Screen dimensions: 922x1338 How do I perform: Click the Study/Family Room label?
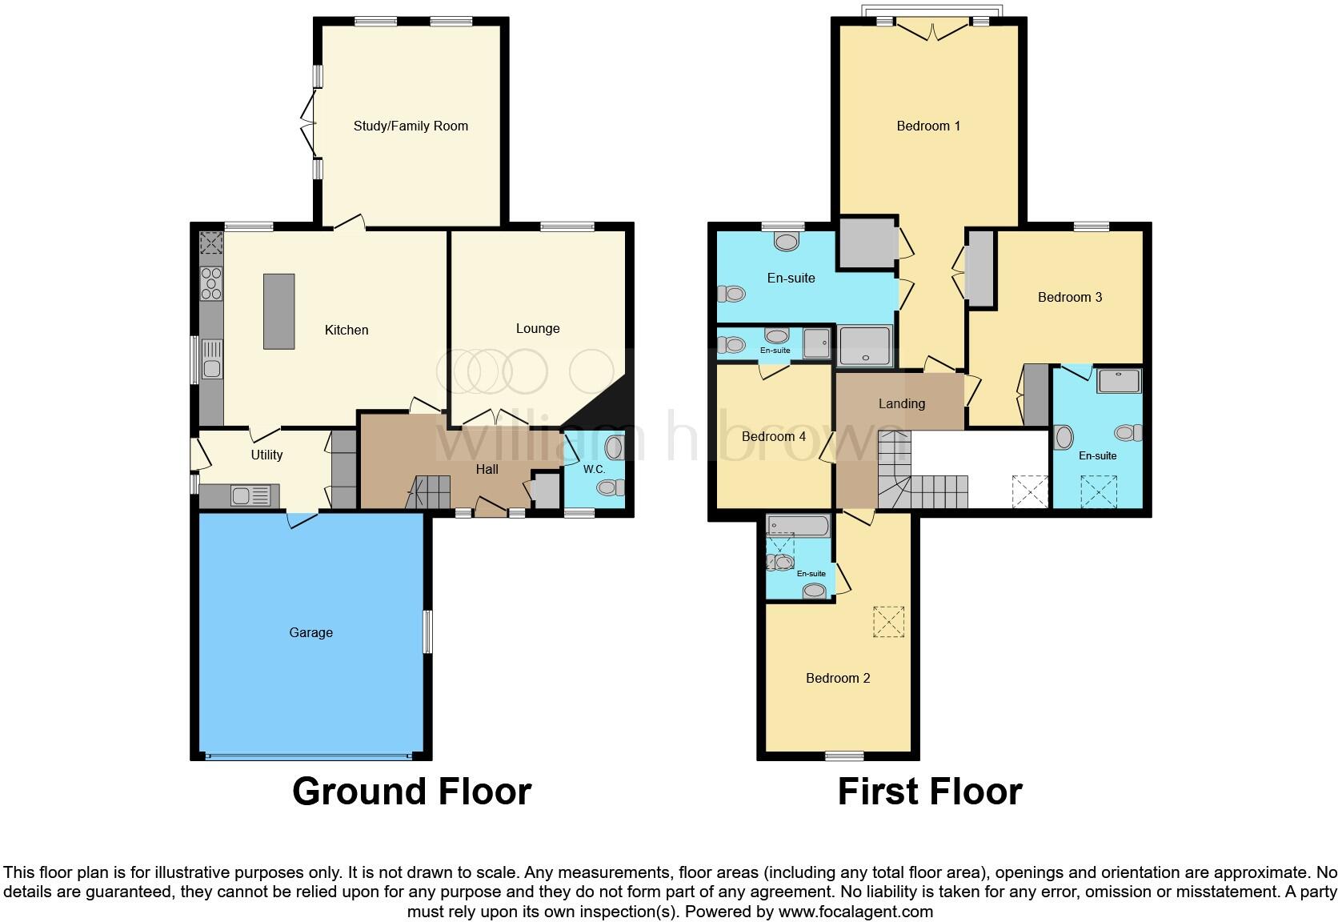[411, 126]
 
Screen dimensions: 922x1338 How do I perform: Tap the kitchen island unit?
[278, 311]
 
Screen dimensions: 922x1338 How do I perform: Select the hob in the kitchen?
[211, 284]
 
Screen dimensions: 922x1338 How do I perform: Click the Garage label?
[310, 632]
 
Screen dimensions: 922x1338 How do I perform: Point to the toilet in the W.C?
[611, 487]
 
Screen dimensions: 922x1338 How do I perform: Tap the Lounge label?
[538, 328]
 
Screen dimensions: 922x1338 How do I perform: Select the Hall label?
[487, 469]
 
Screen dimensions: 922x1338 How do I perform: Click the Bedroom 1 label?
[928, 126]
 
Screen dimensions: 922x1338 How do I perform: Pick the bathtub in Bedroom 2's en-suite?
[798, 526]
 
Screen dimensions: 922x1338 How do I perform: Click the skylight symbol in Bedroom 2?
[888, 622]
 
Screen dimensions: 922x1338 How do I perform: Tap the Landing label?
[902, 403]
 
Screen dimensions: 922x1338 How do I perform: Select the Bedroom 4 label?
[773, 436]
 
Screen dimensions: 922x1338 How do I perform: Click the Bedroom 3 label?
[1070, 297]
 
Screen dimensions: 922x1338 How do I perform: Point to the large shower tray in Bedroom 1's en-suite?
[864, 346]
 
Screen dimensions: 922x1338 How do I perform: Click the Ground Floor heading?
[411, 791]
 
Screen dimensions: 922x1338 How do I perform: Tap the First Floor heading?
[930, 791]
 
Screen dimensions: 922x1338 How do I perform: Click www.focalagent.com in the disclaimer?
[855, 911]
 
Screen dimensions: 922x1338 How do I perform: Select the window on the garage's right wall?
[427, 632]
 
